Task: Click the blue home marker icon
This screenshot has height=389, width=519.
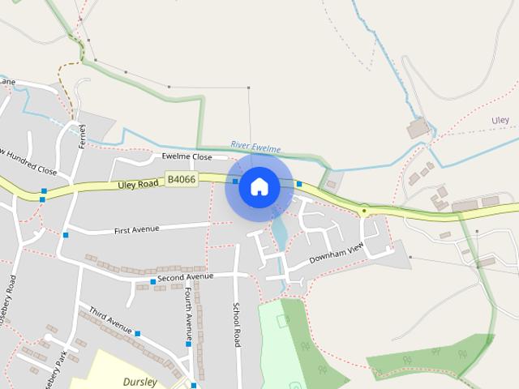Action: pos(259,186)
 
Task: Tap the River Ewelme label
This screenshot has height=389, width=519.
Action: pos(255,147)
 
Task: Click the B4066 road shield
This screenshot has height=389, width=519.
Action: pos(180,178)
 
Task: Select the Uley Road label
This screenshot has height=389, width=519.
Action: pos(137,184)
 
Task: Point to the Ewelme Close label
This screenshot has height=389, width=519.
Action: pos(187,156)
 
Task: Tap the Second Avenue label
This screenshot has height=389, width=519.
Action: pos(185,277)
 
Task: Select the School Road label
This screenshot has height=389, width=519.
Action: pos(237,325)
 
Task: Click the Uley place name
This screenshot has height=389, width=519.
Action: pos(500,121)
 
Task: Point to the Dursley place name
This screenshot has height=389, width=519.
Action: pos(139,381)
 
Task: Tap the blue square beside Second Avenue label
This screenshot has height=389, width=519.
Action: pos(152,282)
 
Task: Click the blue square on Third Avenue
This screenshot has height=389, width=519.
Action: pos(137,334)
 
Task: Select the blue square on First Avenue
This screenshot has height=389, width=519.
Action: pos(66,235)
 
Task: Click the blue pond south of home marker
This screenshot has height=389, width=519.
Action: pos(279,232)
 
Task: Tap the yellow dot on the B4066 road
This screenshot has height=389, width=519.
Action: pos(365,211)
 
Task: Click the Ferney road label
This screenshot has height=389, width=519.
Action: pos(82,135)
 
